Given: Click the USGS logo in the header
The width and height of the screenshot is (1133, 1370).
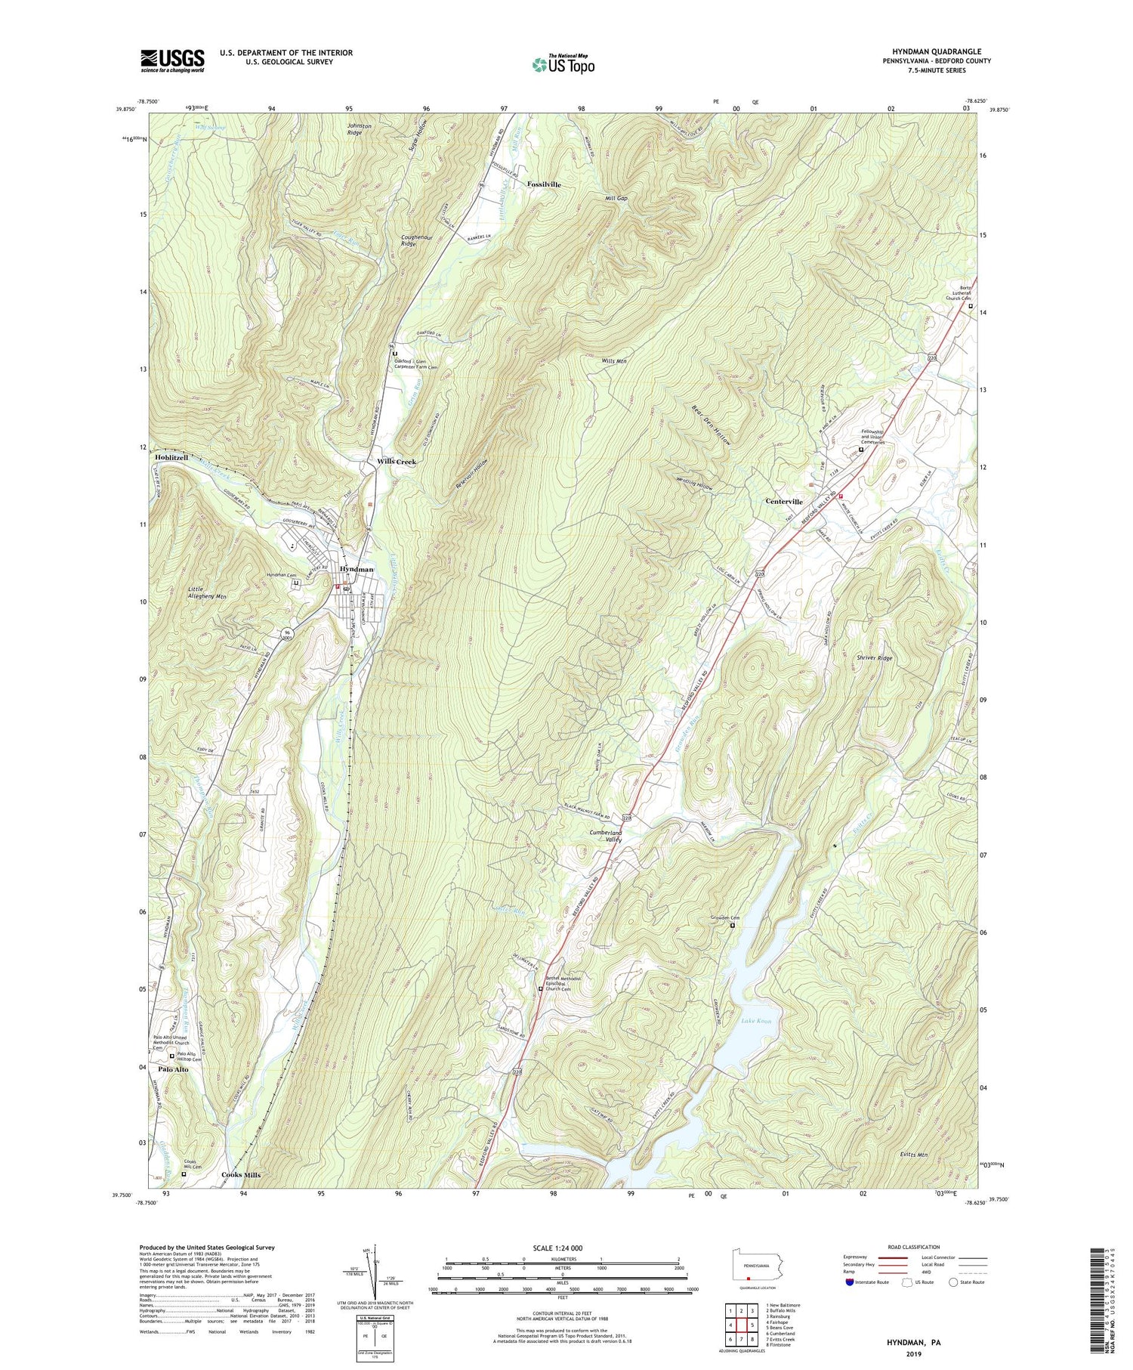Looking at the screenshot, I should (172, 60).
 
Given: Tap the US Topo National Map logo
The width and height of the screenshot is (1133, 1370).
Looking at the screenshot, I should (563, 64).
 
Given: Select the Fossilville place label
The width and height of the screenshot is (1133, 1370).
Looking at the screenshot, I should (545, 184).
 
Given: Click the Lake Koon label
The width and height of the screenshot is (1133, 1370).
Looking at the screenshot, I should (756, 1021).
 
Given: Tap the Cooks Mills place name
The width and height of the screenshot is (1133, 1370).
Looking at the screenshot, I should (241, 1175).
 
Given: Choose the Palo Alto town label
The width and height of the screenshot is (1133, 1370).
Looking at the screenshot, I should (174, 1069).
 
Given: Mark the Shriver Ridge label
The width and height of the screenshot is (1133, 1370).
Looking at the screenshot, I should (874, 658).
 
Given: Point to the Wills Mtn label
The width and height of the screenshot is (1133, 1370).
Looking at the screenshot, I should (614, 361).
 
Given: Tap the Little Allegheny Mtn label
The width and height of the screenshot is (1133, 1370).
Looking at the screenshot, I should (208, 591).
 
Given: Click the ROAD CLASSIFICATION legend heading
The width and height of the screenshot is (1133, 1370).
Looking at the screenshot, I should (914, 1247).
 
